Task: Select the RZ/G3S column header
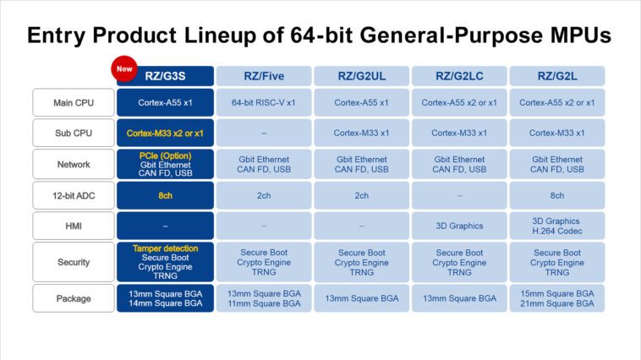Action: click(165, 76)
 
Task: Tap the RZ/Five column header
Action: click(263, 76)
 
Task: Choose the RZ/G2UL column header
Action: click(361, 76)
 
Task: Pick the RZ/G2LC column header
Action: click(459, 76)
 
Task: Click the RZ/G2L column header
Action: click(556, 76)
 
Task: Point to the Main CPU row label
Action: click(74, 102)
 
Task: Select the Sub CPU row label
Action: click(74, 133)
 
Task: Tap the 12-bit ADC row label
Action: click(74, 195)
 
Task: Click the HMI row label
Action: click(74, 226)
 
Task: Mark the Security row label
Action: click(74, 262)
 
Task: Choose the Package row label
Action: click(74, 298)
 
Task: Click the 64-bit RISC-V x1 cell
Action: click(263, 102)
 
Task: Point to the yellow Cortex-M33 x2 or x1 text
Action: click(165, 133)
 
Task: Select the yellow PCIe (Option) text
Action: click(165, 155)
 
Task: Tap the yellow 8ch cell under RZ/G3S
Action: click(165, 195)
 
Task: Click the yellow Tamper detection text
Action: click(165, 248)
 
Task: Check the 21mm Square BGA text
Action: click(556, 303)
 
